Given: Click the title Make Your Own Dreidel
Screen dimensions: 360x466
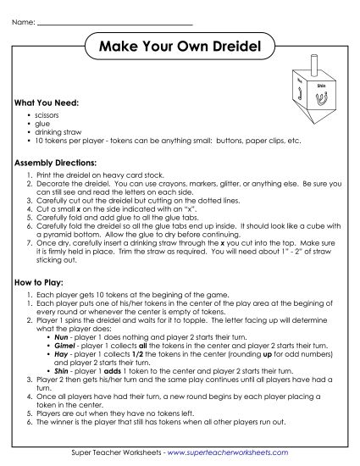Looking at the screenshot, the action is coord(180,44).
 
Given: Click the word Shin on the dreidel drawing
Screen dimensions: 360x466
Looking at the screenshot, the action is coord(320,86).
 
